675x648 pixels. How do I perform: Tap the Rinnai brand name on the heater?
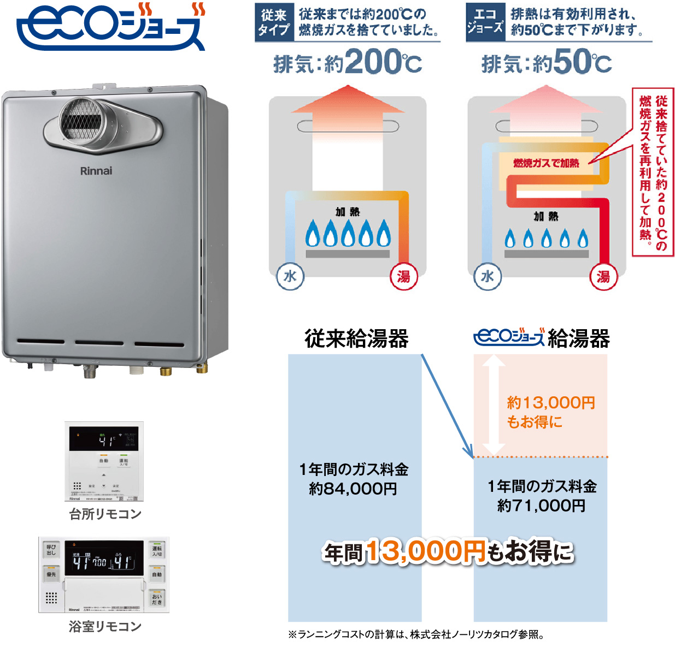pos(96,171)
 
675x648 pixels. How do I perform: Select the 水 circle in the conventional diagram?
pos(290,276)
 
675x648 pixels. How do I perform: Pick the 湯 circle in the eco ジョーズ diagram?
pos(603,277)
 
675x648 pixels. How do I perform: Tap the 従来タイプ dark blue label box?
pos(274,22)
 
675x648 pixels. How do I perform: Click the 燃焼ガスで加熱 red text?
pos(546,163)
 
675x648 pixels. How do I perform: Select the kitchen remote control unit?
pos(104,461)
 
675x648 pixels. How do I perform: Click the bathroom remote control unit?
pos(104,575)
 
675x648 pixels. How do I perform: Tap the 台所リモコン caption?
pos(105,514)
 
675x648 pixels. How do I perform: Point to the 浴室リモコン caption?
pos(105,627)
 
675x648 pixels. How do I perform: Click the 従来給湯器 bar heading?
pos(356,338)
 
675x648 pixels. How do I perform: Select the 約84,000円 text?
pos(353,489)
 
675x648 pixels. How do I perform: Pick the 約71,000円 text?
pos(541,506)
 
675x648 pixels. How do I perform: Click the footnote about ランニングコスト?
pos(416,634)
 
